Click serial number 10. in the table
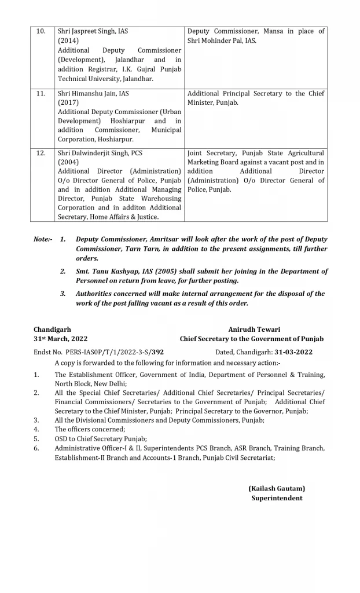[41, 31]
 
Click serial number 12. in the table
[41, 153]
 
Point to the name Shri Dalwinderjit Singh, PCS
[100, 153]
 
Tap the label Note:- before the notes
[43, 239]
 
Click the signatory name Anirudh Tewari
[252, 329]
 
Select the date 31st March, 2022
[61, 339]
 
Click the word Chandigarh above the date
[53, 329]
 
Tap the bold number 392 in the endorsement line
[157, 352]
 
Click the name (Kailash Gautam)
[277, 488]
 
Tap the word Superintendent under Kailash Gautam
[277, 497]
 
